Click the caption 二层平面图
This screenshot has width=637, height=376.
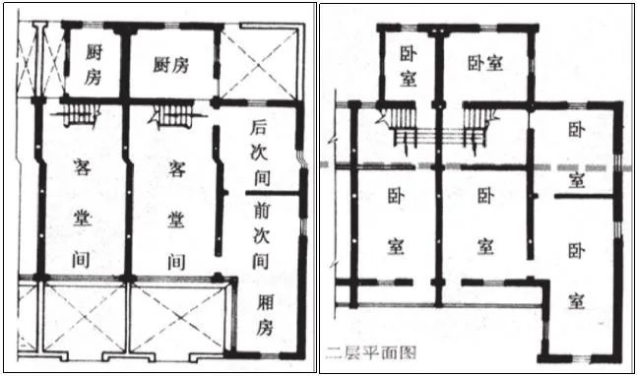click(363, 349)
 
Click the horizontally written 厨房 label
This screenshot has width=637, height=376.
click(171, 65)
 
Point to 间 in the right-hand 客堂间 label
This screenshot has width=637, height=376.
click(176, 261)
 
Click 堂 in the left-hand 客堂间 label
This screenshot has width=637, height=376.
click(84, 214)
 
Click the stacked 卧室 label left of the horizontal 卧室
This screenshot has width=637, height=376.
click(408, 64)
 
